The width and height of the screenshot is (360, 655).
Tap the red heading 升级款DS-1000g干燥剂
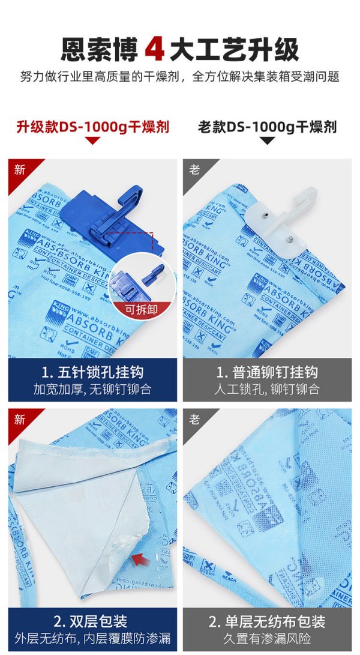(92, 127)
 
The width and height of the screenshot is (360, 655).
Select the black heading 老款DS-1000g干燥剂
(267, 127)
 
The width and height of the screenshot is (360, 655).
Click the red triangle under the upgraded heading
(92, 141)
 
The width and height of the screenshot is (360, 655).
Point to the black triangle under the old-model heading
(267, 141)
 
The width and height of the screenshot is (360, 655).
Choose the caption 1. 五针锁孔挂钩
(92, 372)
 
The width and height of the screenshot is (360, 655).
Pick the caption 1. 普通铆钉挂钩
(267, 372)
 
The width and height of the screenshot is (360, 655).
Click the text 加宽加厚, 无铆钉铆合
(92, 390)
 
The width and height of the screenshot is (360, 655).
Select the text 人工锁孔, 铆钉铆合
(267, 390)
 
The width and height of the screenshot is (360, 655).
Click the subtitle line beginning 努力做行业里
(180, 77)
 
